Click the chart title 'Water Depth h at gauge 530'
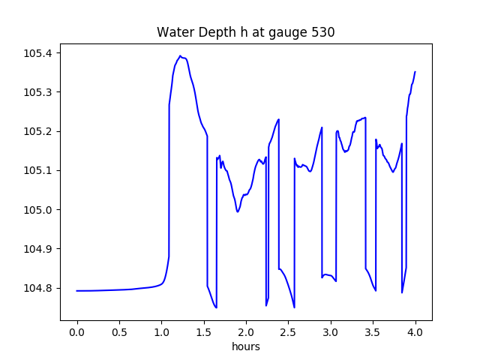[245, 32]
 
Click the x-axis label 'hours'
[246, 347]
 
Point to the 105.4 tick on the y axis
[37, 53]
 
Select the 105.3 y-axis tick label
[37, 92]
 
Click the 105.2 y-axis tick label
[37, 131]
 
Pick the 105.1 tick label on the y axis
[37, 170]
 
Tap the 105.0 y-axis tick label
[37, 210]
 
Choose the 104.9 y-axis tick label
[37, 249]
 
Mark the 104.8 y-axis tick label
[37, 288]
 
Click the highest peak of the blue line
[180, 56]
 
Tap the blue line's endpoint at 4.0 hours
[415, 72]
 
